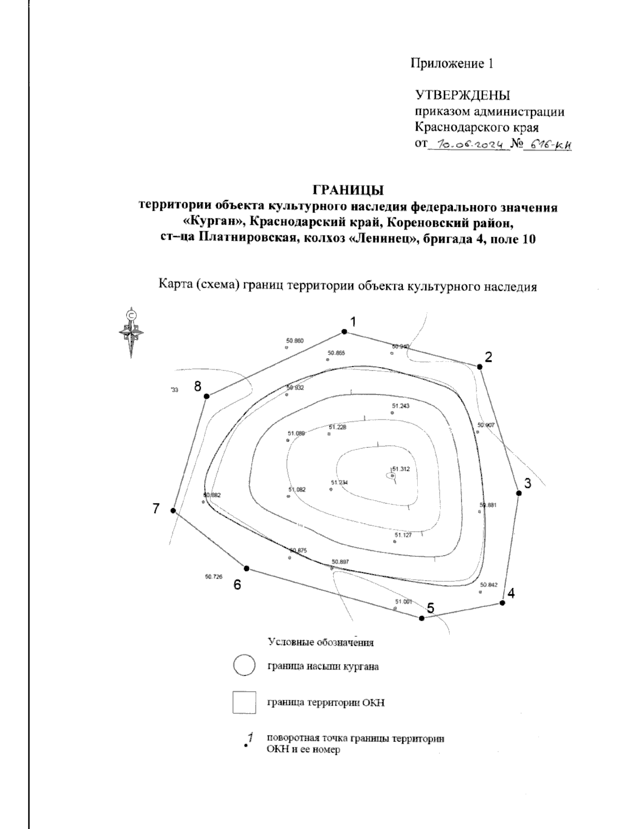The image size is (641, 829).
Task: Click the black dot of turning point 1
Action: (345, 332)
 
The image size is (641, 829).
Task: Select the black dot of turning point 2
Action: (480, 367)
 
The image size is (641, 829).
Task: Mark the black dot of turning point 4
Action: (502, 603)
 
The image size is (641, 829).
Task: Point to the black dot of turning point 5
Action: (421, 618)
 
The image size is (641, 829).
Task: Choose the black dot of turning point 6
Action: (246, 568)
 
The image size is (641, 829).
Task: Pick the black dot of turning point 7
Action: (173, 511)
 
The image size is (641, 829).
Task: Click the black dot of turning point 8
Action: (207, 396)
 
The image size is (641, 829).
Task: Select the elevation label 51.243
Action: (400, 406)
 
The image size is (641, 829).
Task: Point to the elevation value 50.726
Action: (213, 577)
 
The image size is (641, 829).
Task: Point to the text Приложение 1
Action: (451, 64)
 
